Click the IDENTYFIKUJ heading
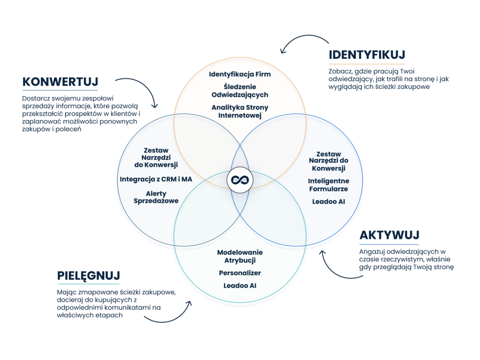pyautogui.click(x=367, y=55)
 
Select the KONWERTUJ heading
pyautogui.click(x=60, y=82)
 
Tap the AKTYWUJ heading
pyautogui.click(x=389, y=235)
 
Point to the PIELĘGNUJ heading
pyautogui.click(x=89, y=275)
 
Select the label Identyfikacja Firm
pyautogui.click(x=240, y=74)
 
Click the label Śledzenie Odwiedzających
pyautogui.click(x=240, y=90)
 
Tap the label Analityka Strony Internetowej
pyautogui.click(x=240, y=111)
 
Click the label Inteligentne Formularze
pyautogui.click(x=328, y=185)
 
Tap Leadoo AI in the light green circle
pyautogui.click(x=240, y=285)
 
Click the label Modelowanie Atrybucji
pyautogui.click(x=240, y=256)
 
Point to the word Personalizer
pyautogui.click(x=240, y=273)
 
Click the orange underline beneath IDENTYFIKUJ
pyautogui.click(x=367, y=64)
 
